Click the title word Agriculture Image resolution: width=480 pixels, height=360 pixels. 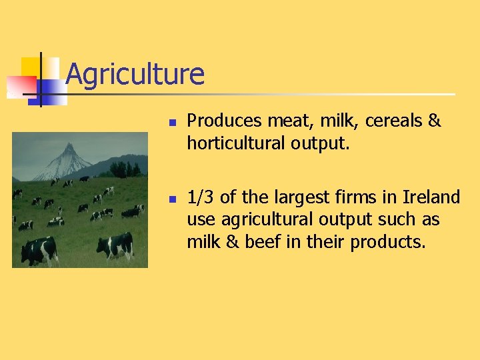tap(135, 74)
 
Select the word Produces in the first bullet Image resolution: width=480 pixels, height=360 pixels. tap(225, 121)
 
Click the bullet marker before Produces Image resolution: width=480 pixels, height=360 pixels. tap(171, 123)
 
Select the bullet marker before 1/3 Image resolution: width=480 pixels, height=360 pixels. tap(171, 199)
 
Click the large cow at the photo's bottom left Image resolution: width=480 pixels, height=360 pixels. tap(38, 250)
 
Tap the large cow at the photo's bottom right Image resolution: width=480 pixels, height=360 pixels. tap(116, 245)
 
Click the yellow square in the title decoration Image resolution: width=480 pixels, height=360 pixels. tap(31, 67)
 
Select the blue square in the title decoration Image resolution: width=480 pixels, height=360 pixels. tap(53, 90)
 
